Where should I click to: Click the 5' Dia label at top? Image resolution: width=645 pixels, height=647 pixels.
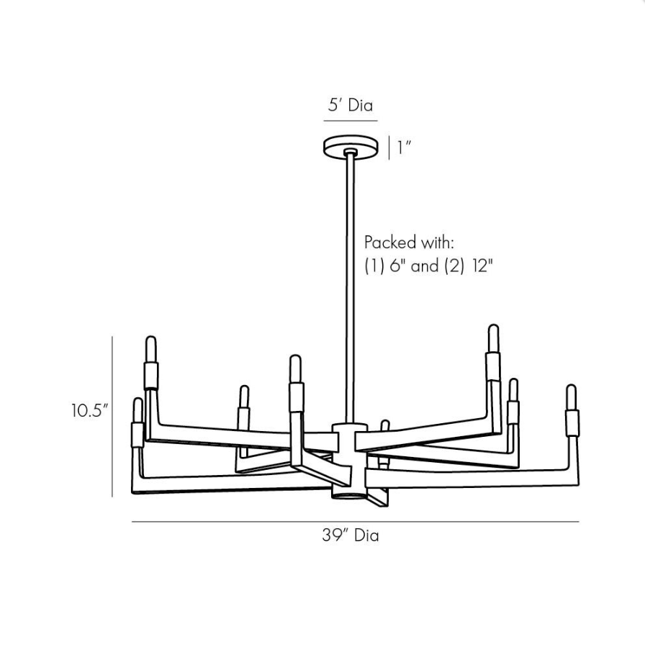(x=351, y=105)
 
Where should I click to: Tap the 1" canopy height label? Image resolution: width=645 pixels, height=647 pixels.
(x=404, y=148)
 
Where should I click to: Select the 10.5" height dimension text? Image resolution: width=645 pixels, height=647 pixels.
(x=89, y=411)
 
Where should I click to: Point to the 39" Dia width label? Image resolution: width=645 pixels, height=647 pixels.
(x=350, y=535)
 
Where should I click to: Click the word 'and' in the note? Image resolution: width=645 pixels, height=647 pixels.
(x=425, y=266)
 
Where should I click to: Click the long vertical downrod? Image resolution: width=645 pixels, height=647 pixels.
(x=350, y=288)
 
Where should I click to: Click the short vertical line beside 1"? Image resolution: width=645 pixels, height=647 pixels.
(x=389, y=148)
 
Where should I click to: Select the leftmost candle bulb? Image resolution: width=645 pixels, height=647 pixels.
(x=137, y=410)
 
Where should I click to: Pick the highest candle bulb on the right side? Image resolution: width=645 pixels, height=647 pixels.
(x=493, y=338)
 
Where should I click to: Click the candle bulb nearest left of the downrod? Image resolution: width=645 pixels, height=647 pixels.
(x=295, y=368)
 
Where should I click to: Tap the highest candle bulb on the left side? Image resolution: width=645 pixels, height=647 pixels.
(x=150, y=349)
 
